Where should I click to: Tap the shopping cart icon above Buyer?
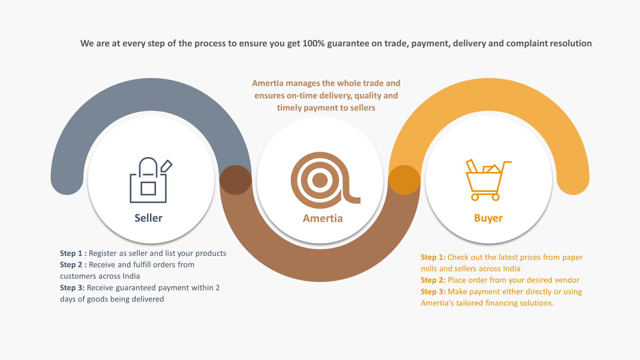(x=488, y=180)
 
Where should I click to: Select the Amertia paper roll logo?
(x=325, y=180)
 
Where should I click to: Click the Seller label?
(x=148, y=218)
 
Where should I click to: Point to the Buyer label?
(x=488, y=218)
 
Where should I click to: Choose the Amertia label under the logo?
(x=322, y=218)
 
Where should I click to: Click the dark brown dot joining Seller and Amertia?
(x=236, y=180)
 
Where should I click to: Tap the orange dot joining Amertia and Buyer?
(x=404, y=180)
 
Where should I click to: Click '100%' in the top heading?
(x=314, y=44)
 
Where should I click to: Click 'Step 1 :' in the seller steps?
(x=73, y=254)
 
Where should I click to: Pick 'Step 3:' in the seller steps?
(x=72, y=288)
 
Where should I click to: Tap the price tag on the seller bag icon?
(x=166, y=166)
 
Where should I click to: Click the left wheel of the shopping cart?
(x=475, y=197)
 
